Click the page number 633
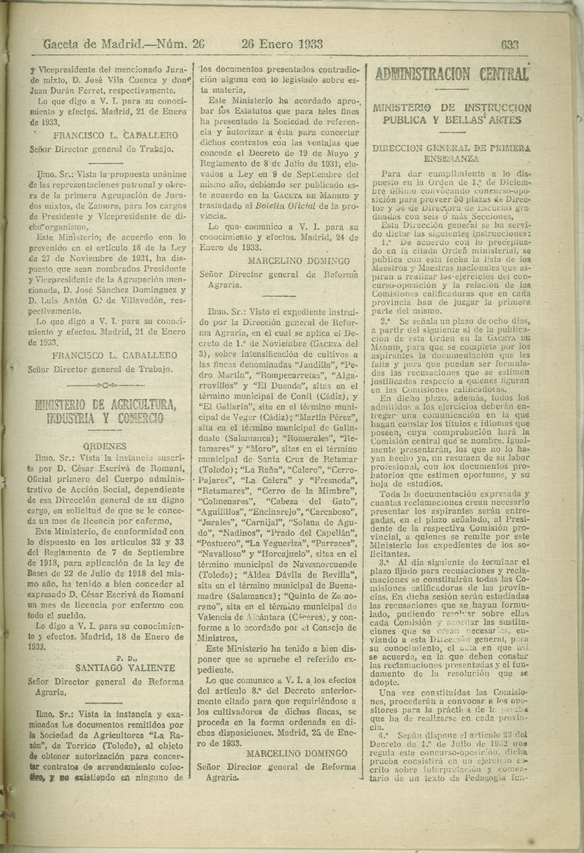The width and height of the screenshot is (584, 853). click(x=510, y=44)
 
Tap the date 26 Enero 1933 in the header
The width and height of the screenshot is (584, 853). click(x=282, y=44)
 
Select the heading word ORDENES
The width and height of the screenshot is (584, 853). click(x=105, y=447)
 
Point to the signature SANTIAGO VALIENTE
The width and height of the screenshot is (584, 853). click(x=125, y=668)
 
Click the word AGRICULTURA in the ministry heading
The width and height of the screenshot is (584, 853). click(x=135, y=404)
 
